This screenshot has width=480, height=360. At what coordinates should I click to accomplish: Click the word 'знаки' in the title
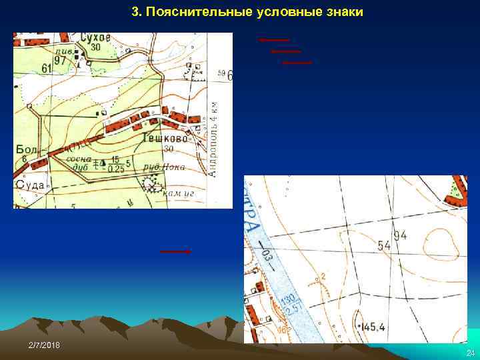[x=343, y=13]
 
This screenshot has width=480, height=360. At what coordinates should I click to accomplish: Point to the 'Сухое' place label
[x=94, y=38]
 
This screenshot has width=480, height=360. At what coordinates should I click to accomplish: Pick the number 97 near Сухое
[x=61, y=61]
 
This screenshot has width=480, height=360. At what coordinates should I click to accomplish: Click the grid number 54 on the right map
[x=384, y=246]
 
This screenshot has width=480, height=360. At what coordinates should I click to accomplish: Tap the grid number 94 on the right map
[x=400, y=235]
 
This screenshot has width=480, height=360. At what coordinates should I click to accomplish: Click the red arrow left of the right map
[x=175, y=251]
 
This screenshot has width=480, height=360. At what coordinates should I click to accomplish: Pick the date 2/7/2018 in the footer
[x=44, y=343]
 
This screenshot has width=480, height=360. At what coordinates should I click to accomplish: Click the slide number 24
[x=470, y=352]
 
